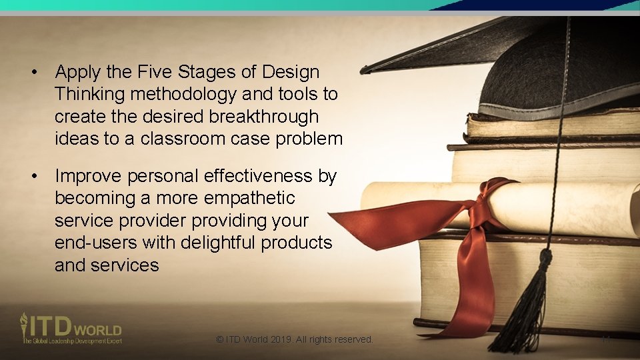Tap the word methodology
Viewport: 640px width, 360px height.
coord(183,94)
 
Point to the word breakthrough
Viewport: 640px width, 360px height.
coord(264,117)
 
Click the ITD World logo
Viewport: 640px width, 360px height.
coord(70,328)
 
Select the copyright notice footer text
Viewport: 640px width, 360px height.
coord(294,339)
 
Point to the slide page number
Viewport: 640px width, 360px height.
coord(606,339)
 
